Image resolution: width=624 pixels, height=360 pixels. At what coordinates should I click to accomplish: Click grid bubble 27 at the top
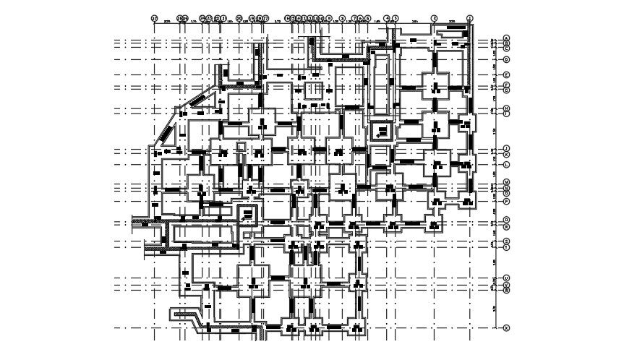154,18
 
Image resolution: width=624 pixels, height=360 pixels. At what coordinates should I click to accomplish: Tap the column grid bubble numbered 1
470,18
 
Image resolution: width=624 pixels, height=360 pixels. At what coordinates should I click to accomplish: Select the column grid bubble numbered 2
435,18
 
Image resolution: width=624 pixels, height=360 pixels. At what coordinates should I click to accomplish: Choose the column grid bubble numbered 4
387,18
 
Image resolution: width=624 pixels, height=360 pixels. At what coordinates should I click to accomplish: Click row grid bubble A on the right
506,38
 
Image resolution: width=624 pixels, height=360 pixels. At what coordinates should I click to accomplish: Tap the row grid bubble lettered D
506,59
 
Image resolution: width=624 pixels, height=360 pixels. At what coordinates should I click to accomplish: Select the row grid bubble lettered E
506,75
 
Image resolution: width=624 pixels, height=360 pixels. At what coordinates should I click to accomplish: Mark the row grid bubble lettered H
506,108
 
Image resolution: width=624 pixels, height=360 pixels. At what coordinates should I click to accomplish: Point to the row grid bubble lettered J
506,149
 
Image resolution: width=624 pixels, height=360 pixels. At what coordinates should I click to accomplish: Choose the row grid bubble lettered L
506,165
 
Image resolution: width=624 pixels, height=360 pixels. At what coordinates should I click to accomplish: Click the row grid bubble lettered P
506,201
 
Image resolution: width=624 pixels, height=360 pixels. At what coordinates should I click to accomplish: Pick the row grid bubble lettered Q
506,220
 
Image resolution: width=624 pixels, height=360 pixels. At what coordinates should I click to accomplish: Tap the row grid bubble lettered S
506,241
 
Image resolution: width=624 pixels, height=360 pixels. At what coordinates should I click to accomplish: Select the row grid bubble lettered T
506,247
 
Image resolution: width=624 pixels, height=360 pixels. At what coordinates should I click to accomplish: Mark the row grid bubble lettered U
506,278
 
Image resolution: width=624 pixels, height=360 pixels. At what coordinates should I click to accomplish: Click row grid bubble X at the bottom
506,327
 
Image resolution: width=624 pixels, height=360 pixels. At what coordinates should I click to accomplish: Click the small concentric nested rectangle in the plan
381,132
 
